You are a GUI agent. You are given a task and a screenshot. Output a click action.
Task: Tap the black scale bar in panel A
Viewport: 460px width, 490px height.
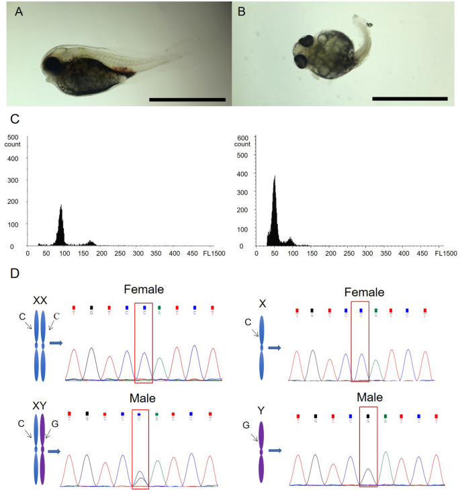(x=187, y=99)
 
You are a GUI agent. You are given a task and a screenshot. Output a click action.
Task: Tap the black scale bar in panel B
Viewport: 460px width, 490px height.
(x=410, y=99)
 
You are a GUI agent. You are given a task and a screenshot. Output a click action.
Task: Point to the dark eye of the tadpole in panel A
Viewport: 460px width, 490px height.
(x=52, y=66)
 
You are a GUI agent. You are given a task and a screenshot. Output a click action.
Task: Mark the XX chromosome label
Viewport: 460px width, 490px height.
(x=40, y=301)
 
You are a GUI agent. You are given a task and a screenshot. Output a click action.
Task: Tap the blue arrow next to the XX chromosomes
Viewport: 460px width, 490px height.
(x=56, y=343)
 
